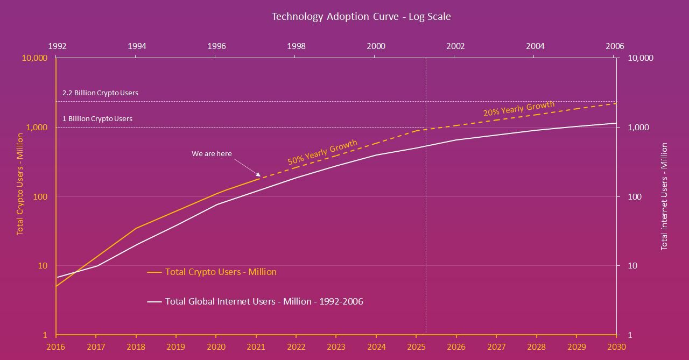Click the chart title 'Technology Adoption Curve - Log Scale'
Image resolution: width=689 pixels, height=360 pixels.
tap(361, 16)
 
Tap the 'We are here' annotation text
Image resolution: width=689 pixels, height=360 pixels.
tap(212, 153)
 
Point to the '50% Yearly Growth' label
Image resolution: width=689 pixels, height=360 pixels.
tap(322, 152)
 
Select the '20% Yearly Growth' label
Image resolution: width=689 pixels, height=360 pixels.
tap(518, 109)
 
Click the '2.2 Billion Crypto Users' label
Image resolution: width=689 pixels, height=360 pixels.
tap(100, 93)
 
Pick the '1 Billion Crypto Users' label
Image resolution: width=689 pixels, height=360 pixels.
tap(97, 118)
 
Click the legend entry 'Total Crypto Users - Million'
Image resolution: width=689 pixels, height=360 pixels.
tap(220, 272)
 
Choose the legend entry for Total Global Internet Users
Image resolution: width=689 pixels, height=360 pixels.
tap(264, 301)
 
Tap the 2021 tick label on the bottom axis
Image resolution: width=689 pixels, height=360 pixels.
tap(256, 347)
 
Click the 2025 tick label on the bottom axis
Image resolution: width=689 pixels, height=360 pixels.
tap(416, 347)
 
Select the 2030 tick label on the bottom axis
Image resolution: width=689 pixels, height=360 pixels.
tap(616, 347)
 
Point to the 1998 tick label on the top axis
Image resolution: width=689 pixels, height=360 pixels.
tap(296, 46)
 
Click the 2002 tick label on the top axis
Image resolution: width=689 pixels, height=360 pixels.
tap(455, 46)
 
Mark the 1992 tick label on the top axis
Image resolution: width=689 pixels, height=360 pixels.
tap(57, 46)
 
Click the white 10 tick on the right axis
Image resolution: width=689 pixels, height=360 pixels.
tap(632, 266)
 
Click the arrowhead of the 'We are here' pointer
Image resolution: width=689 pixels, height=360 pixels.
tap(258, 175)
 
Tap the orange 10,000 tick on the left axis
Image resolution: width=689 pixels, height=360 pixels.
tap(35, 58)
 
